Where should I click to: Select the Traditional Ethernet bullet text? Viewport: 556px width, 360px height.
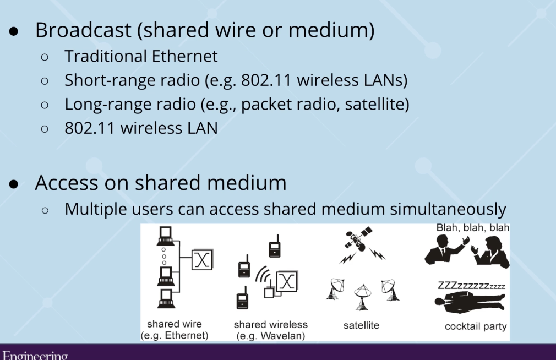point(141,56)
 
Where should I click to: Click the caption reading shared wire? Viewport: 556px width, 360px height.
point(175,324)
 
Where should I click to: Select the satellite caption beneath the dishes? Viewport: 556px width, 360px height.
point(361,325)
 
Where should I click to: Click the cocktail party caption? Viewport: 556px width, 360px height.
point(476,326)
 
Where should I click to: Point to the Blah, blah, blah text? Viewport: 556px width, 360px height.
point(472,228)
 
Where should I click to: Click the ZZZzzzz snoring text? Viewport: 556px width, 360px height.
point(471,286)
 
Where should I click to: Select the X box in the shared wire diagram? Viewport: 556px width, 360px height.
point(202,260)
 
